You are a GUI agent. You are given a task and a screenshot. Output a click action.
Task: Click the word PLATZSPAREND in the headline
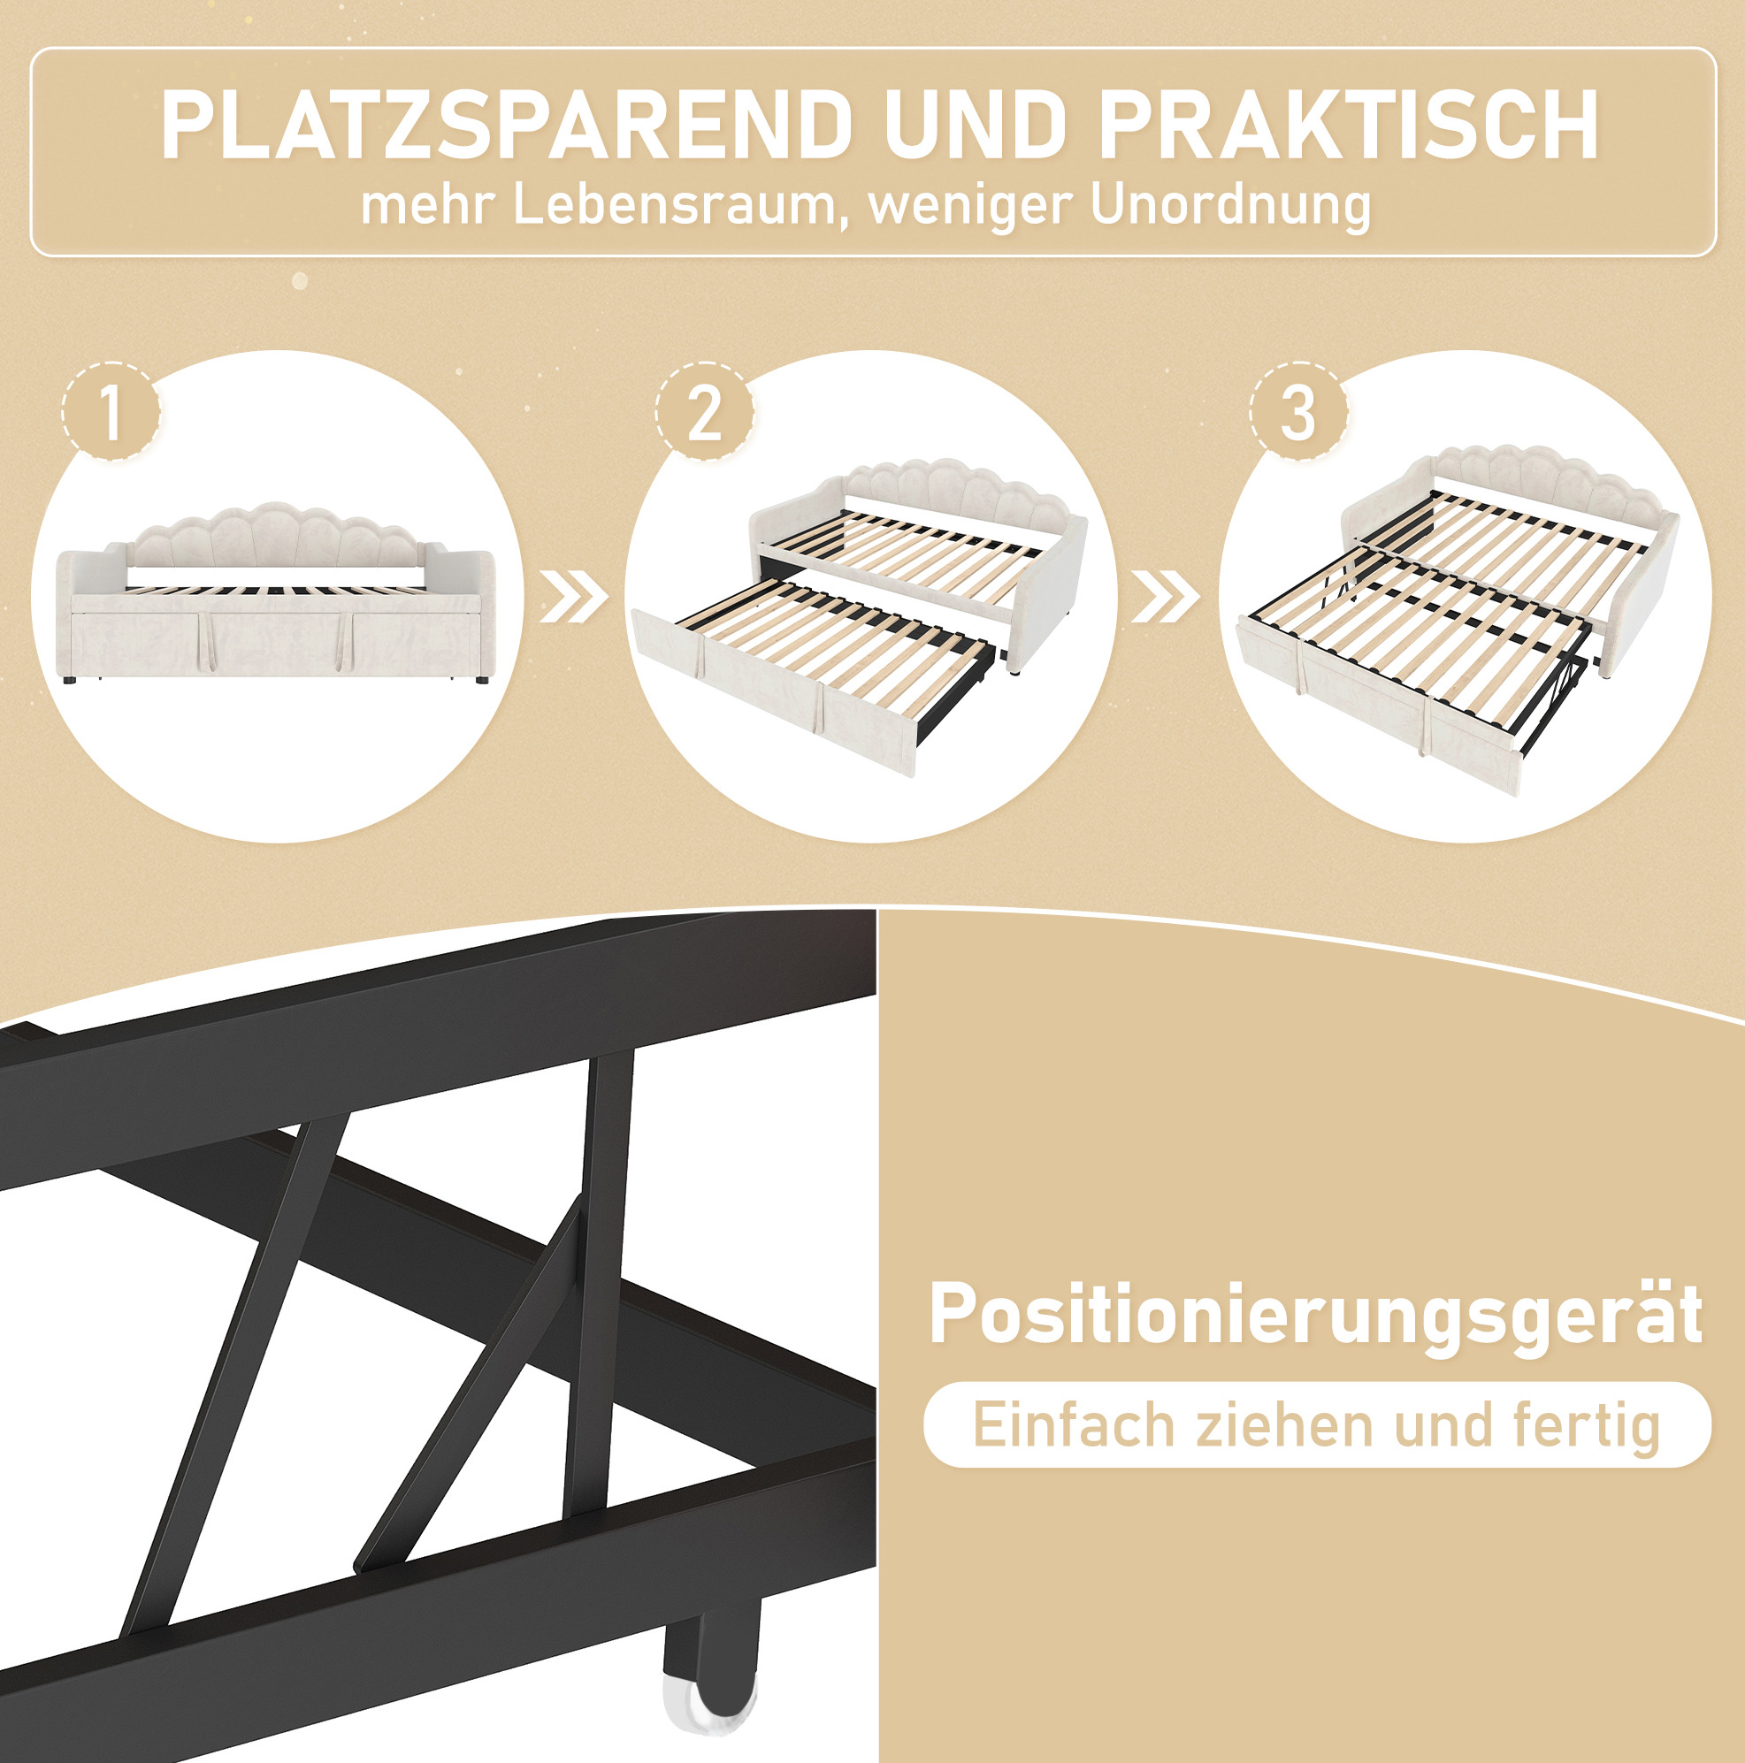508,125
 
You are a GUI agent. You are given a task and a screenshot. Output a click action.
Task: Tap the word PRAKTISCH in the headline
1350,125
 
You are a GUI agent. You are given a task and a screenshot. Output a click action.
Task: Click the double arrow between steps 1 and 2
573,598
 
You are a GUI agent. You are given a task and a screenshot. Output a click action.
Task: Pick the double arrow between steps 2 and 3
1166,598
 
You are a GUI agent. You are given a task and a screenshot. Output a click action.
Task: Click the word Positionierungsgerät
1315,1315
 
